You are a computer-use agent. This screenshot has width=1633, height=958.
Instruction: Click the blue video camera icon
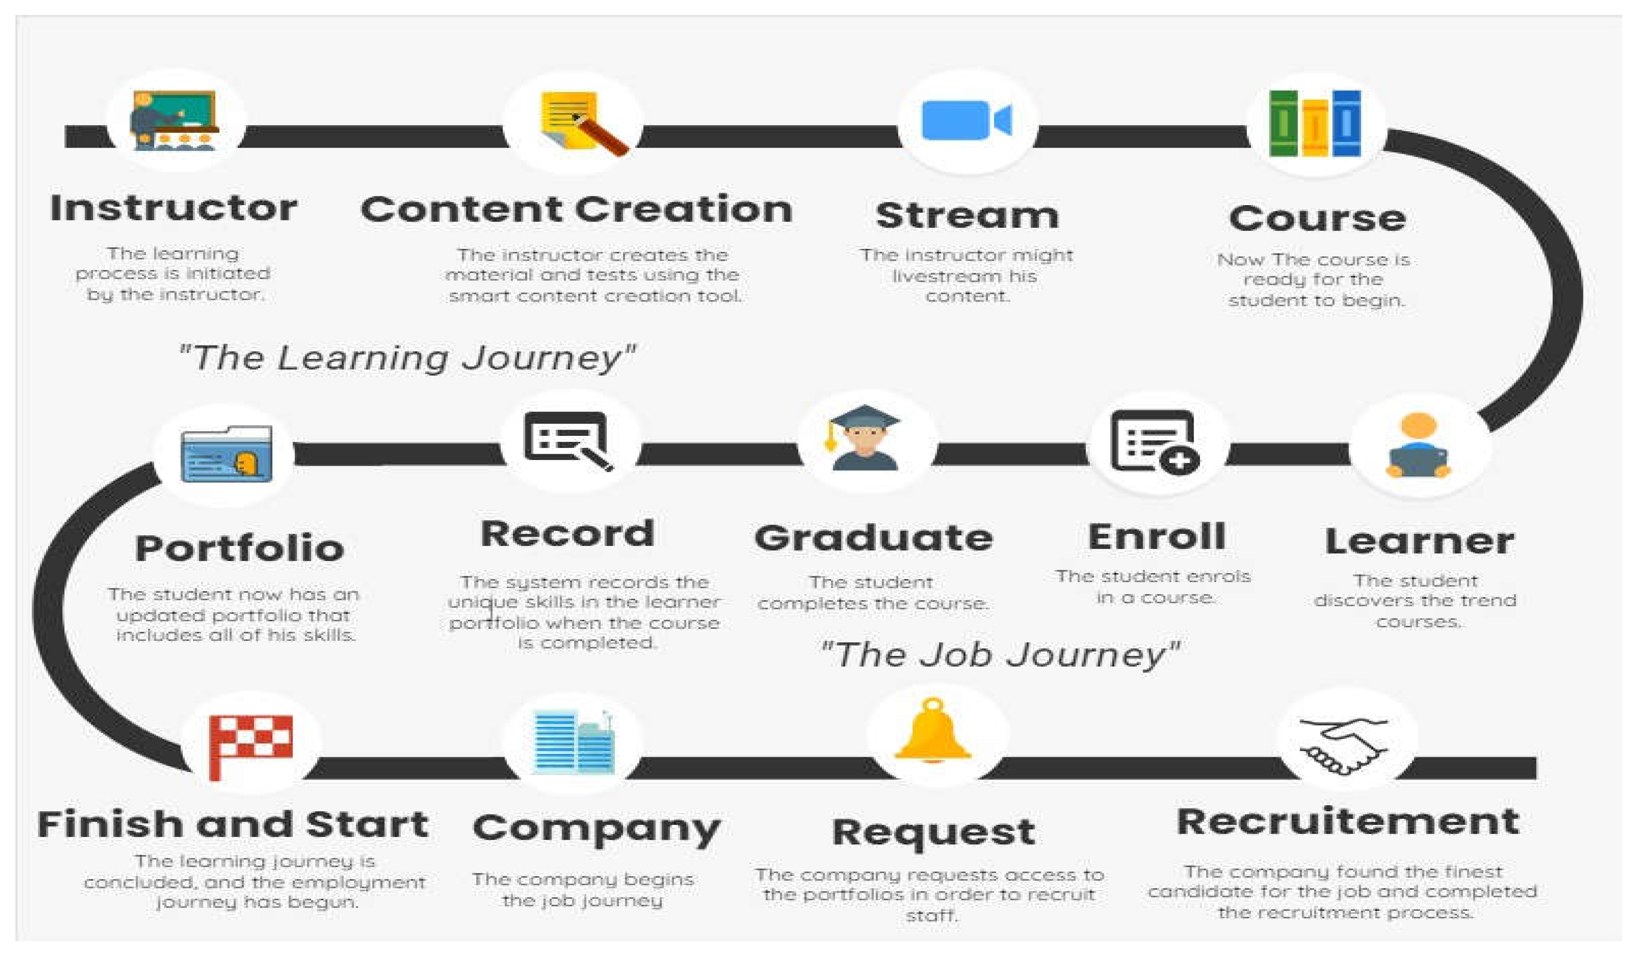(x=966, y=120)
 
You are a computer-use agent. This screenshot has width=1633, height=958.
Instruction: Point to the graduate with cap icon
(x=865, y=438)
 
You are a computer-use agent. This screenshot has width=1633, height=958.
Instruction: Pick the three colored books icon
(x=1315, y=123)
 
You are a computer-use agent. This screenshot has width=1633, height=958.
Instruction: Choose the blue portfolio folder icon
(x=227, y=454)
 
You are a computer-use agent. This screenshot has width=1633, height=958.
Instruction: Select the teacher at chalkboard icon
(x=174, y=121)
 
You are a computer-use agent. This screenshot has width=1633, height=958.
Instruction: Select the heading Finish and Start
(x=233, y=824)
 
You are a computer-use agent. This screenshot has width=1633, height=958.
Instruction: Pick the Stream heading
(x=967, y=215)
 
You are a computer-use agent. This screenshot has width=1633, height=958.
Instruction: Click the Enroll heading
(x=1157, y=537)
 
